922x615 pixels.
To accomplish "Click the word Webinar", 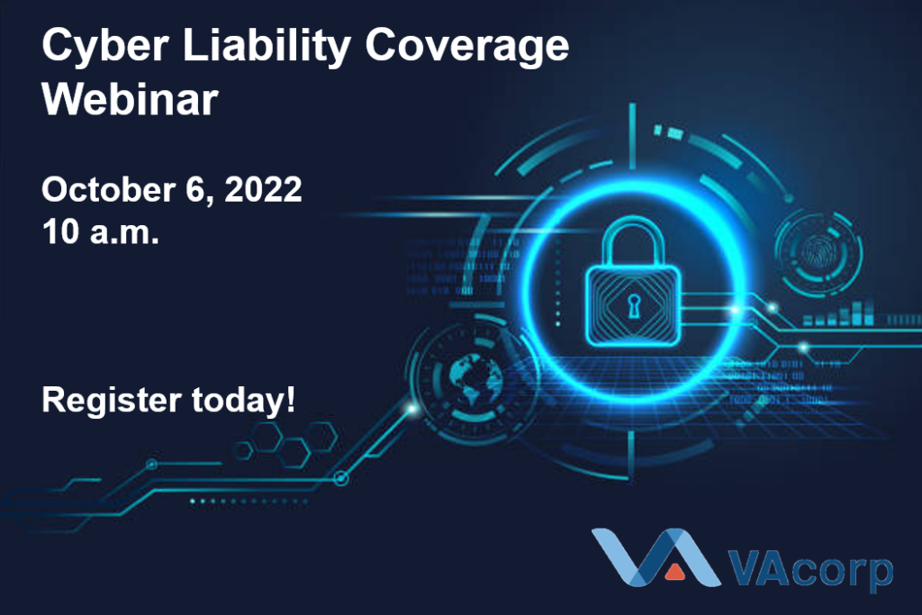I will click(130, 98).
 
